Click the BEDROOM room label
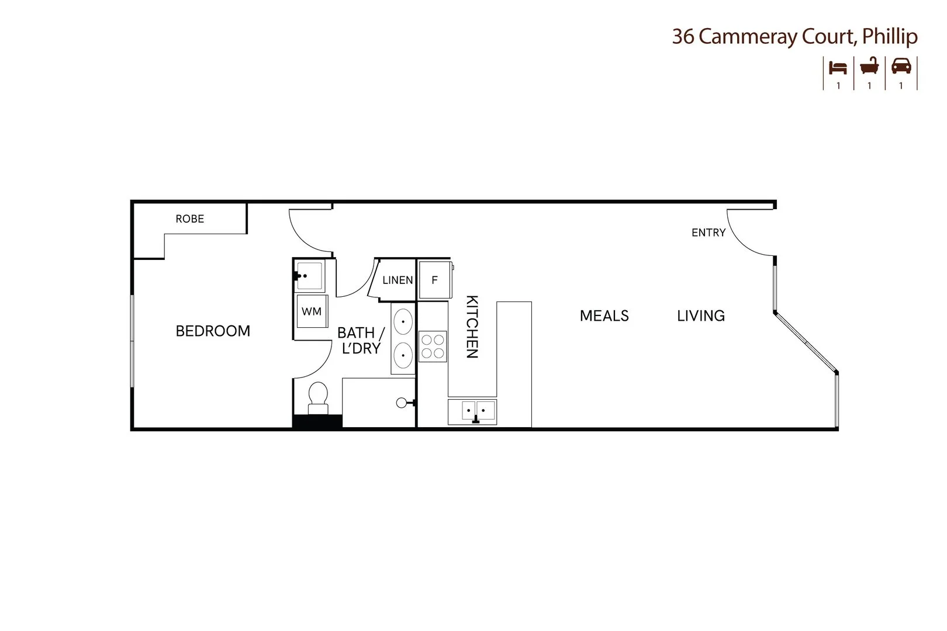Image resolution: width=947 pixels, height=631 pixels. [x=213, y=331]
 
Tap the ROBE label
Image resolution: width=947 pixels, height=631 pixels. [x=190, y=219]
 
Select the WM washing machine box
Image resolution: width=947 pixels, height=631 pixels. [x=312, y=311]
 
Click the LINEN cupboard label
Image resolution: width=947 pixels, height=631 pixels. [x=398, y=280]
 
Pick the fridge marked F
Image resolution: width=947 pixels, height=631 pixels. [x=435, y=280]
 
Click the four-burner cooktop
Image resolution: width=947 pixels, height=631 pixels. [x=433, y=346]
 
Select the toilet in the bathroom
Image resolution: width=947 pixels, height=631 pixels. [x=318, y=396]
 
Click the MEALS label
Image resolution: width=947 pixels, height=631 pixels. [x=604, y=316]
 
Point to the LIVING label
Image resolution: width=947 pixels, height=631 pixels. [x=701, y=316]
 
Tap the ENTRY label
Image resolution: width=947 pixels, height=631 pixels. [x=708, y=233]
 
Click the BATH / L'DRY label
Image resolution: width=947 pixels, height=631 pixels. [x=361, y=341]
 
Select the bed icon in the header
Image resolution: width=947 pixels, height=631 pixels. [x=838, y=68]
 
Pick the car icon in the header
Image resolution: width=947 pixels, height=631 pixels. [x=901, y=67]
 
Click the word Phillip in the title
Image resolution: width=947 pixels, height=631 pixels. [x=890, y=37]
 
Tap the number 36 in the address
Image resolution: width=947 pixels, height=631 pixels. [x=683, y=37]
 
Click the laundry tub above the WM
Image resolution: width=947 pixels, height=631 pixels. [x=309, y=276]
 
